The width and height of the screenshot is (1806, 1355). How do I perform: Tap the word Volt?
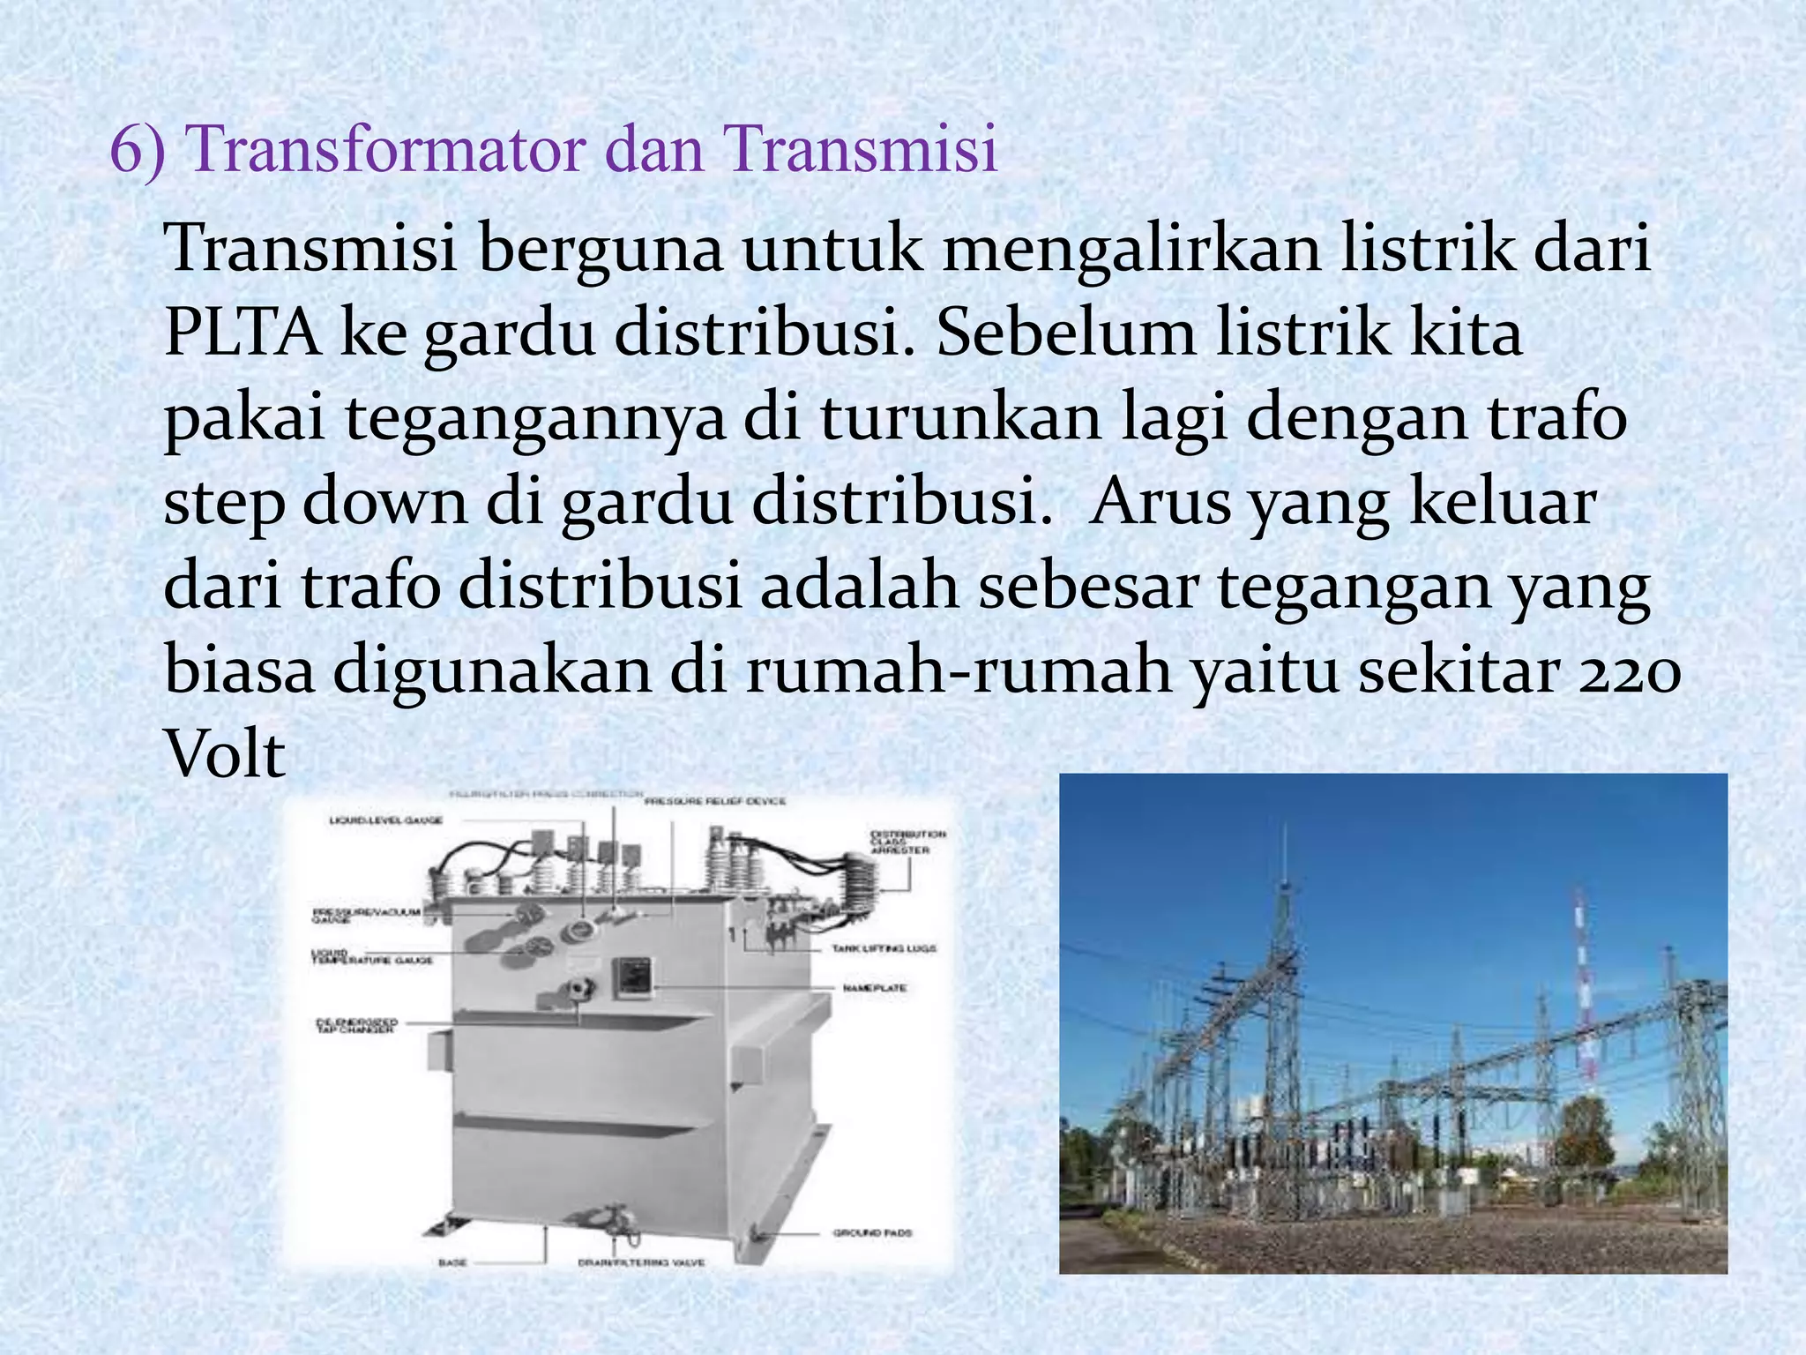pos(225,755)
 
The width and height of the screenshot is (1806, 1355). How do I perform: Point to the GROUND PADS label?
pos(872,1232)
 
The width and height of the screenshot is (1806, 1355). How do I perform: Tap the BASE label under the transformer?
pos(451,1263)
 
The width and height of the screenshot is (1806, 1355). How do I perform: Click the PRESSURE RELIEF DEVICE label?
pos(715,801)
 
